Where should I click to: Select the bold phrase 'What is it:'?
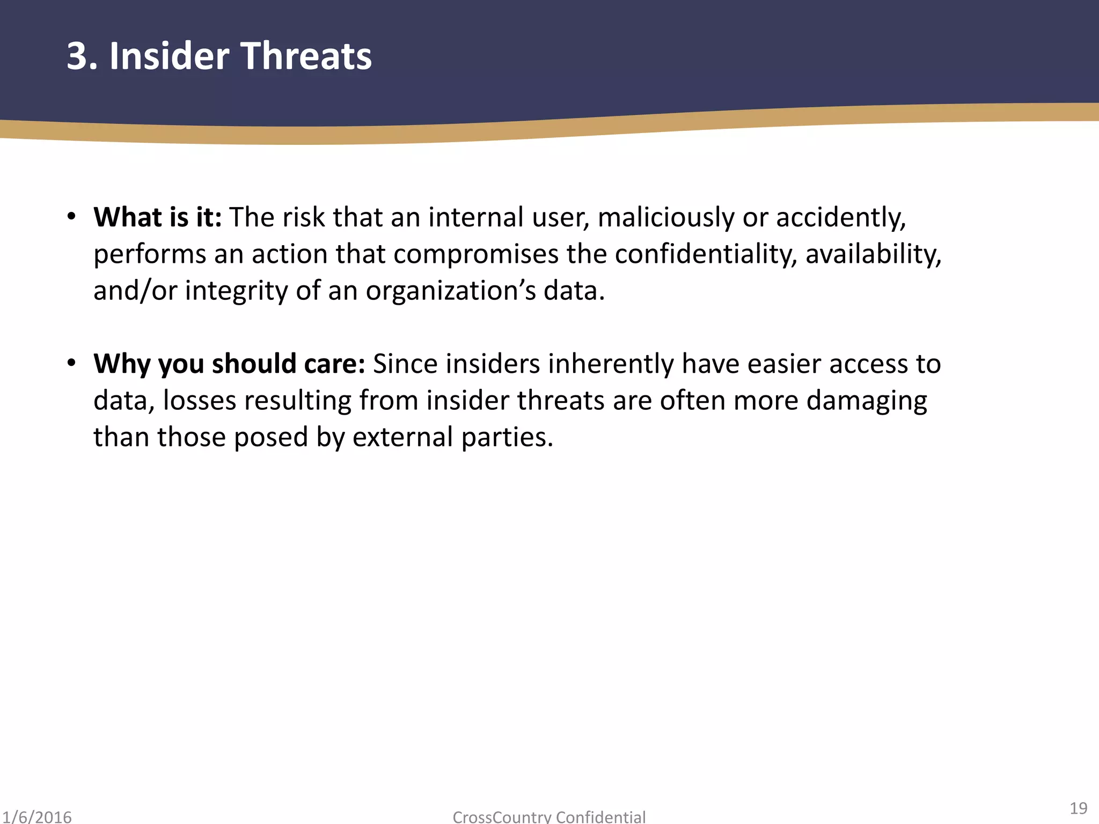click(x=157, y=217)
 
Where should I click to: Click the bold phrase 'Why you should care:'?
click(x=229, y=364)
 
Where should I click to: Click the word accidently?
click(x=840, y=218)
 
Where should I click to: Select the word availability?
click(x=873, y=254)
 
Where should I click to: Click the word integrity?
click(x=236, y=291)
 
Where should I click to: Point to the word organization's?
click(x=451, y=291)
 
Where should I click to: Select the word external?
click(x=403, y=437)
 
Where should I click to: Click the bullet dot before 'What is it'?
click(x=71, y=217)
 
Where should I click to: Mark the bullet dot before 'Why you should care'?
click(x=71, y=363)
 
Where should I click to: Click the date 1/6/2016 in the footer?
click(x=36, y=816)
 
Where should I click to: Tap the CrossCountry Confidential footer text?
click(x=549, y=816)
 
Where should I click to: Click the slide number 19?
click(x=1078, y=808)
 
